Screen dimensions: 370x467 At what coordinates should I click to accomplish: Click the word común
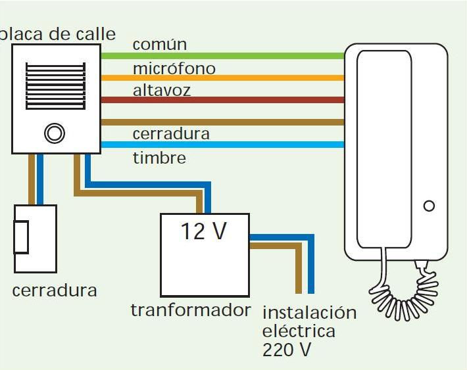(160, 45)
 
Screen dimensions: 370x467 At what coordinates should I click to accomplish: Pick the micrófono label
(174, 68)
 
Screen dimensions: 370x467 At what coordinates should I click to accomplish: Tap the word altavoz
(162, 90)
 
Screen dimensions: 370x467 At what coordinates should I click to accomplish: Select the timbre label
(159, 158)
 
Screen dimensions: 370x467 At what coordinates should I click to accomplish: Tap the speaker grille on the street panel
(55, 86)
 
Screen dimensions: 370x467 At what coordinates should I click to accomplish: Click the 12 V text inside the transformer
(204, 231)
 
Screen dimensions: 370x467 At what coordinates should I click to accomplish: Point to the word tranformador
(191, 310)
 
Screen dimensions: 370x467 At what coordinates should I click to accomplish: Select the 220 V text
(287, 350)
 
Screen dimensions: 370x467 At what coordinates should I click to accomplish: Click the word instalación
(309, 312)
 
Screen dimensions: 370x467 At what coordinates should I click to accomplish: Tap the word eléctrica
(299, 331)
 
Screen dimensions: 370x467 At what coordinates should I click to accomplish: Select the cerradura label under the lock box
(55, 290)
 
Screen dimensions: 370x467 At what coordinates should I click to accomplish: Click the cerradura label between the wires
(171, 134)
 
